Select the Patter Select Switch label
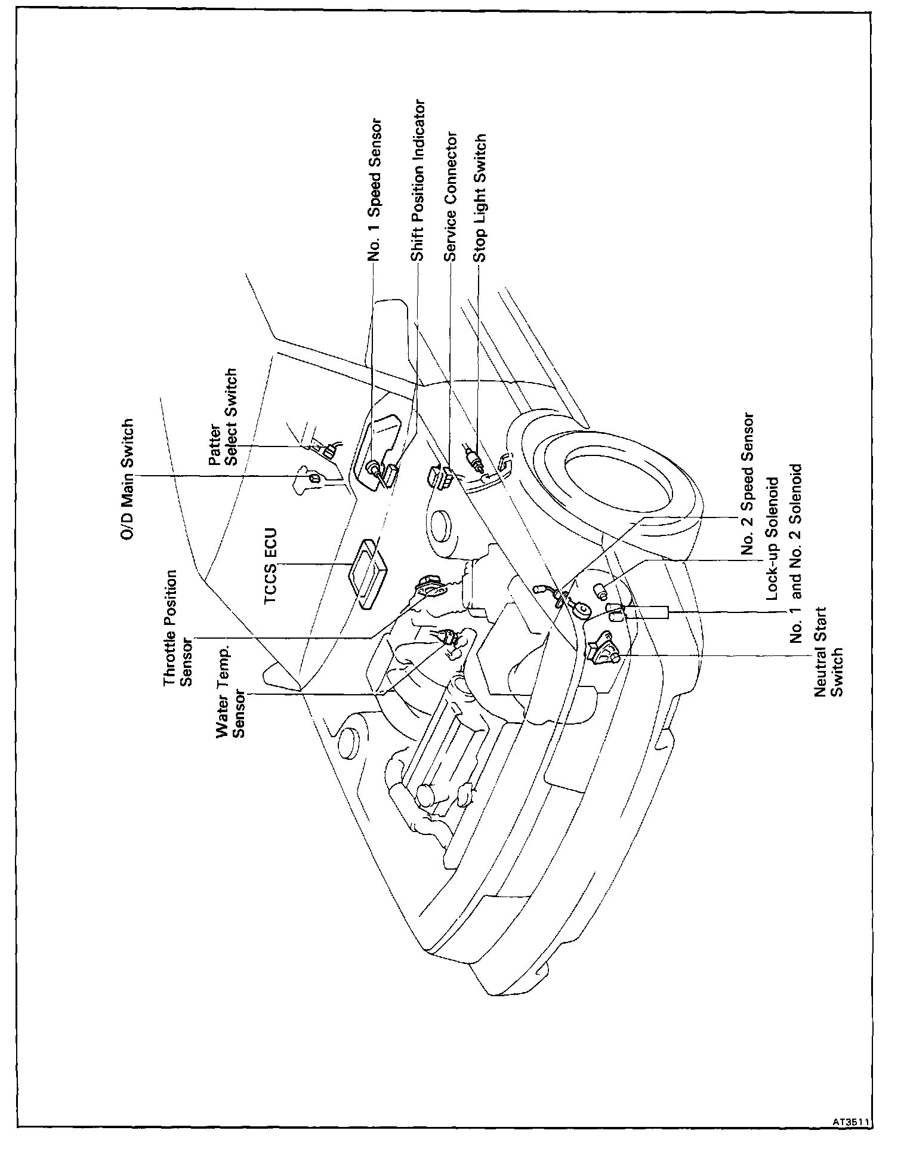tap(223, 417)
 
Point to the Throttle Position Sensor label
tap(178, 628)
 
